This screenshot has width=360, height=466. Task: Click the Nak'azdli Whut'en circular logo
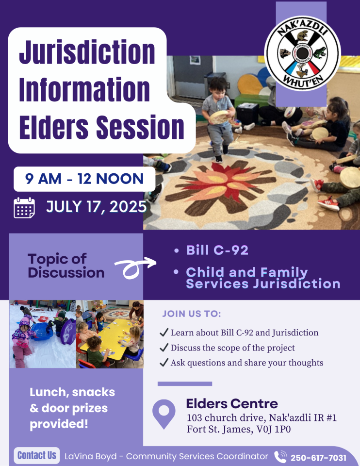click(302, 53)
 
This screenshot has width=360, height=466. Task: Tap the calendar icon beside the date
click(24, 208)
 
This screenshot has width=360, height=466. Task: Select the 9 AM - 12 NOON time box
click(84, 179)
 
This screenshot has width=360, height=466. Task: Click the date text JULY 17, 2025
click(96, 207)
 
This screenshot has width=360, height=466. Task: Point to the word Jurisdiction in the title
click(87, 52)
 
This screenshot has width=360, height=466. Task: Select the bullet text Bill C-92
click(217, 250)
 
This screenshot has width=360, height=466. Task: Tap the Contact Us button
click(37, 455)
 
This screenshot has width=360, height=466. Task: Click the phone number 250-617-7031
click(318, 458)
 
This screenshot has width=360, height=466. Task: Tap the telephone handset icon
click(280, 457)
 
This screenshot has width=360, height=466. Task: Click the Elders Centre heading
click(232, 403)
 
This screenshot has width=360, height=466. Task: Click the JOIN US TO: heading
click(192, 314)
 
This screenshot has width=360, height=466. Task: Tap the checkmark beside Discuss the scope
click(164, 348)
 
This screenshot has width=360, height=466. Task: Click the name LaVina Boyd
click(90, 456)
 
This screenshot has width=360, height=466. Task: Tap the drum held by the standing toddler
click(219, 117)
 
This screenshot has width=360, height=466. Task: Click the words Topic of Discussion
click(66, 266)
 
